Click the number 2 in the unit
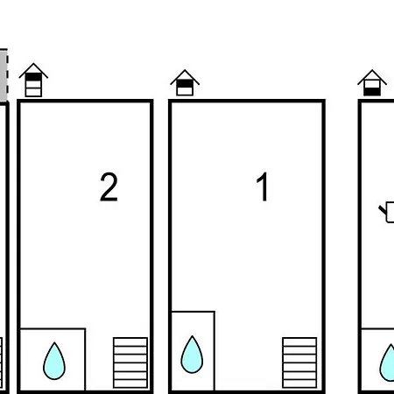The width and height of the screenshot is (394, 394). click(109, 186)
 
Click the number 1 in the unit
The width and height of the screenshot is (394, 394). click(263, 186)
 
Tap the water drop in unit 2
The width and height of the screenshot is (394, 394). click(54, 361)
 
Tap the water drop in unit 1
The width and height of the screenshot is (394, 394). click(192, 355)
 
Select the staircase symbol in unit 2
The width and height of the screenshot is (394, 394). click(130, 362)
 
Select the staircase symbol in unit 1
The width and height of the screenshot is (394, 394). click(299, 362)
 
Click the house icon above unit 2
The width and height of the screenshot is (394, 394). click(33, 80)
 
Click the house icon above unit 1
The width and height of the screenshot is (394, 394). click(185, 82)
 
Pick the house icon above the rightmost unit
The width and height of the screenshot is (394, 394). click(372, 82)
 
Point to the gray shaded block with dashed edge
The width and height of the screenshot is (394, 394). click(4, 75)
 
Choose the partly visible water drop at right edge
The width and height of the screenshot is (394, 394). click(387, 362)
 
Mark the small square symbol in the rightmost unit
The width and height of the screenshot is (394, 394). click(390, 212)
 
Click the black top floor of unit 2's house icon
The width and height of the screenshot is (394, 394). click(33, 77)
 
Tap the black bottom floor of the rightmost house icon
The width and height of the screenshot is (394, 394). click(372, 91)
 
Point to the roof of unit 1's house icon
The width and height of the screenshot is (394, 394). click(185, 77)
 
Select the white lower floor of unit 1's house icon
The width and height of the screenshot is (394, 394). click(185, 91)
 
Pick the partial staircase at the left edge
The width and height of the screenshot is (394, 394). click(1, 362)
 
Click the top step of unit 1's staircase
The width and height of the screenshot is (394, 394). click(299, 341)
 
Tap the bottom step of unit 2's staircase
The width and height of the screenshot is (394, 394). click(130, 383)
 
